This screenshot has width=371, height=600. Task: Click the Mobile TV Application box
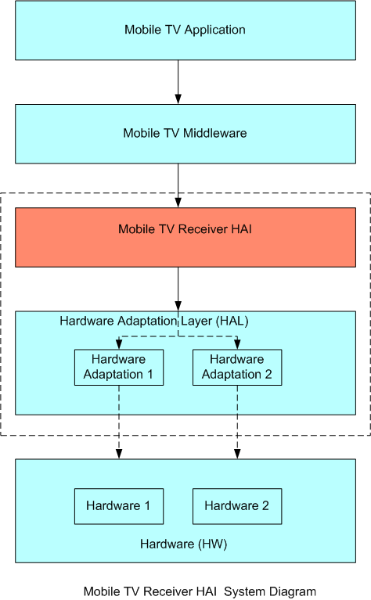[x=185, y=31]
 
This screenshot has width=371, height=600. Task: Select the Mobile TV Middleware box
[x=185, y=134]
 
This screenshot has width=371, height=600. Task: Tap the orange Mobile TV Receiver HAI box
[x=185, y=237]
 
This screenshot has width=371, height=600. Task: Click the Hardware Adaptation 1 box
[x=119, y=368]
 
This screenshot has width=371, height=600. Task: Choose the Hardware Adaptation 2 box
[x=237, y=368]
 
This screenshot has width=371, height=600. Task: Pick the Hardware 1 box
[x=119, y=506]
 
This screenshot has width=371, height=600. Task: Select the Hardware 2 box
[x=237, y=506]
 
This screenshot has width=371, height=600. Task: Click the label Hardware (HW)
[x=184, y=544]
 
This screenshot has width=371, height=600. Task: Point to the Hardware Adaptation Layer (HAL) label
[x=154, y=321]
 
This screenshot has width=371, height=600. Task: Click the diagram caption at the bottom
[x=200, y=591]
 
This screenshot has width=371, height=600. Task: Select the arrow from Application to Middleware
[x=178, y=82]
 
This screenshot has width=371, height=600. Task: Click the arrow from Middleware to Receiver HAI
[x=178, y=185]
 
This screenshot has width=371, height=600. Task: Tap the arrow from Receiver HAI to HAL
[x=178, y=289]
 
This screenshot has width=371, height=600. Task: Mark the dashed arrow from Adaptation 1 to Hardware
[x=119, y=422]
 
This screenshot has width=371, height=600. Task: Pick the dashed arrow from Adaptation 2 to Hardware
[x=237, y=422]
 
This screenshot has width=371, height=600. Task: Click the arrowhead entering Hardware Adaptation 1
[x=119, y=344]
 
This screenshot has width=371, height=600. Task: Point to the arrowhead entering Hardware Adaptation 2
[x=237, y=344]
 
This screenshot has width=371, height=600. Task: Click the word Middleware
[x=214, y=133]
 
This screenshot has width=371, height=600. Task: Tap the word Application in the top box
[x=214, y=30]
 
